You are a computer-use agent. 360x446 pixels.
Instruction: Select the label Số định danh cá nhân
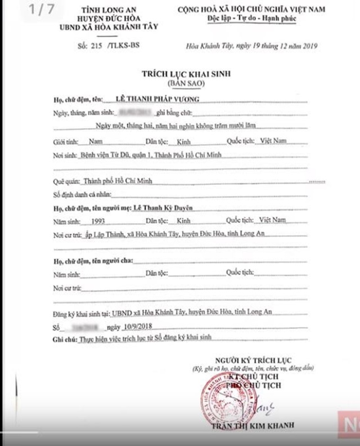point(80,194)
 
